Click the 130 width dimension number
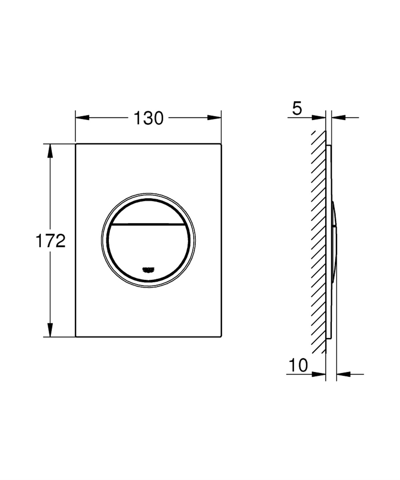point(148,118)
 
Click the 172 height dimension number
point(50,241)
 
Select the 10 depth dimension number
point(298,365)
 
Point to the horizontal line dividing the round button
point(148,224)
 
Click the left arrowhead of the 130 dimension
point(82,117)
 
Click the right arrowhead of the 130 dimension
point(215,117)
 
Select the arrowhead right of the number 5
point(318,117)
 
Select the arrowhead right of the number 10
point(318,374)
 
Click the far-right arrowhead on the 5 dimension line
point(338,117)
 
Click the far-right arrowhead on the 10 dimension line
point(343,374)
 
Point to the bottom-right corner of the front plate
point(221,336)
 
